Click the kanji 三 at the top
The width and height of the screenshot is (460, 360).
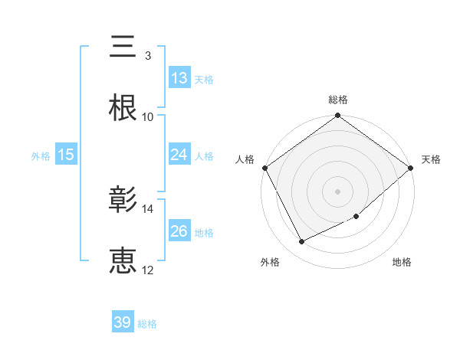(x=123, y=47)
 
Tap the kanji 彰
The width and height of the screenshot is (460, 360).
(x=123, y=201)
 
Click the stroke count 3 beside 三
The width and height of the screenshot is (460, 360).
(x=147, y=56)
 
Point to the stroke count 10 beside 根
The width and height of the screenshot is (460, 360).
(x=148, y=117)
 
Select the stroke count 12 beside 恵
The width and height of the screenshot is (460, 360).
(x=148, y=270)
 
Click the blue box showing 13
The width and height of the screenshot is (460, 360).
(x=179, y=78)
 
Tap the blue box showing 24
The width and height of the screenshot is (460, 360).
(x=179, y=155)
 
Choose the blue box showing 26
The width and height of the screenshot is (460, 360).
(x=179, y=231)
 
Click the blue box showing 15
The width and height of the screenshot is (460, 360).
(x=66, y=155)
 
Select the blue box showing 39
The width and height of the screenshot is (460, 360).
(x=123, y=322)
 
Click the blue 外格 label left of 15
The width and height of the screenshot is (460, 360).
(x=41, y=155)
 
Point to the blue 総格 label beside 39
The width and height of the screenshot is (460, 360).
(x=147, y=324)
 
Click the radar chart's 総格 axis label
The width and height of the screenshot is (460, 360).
(x=338, y=100)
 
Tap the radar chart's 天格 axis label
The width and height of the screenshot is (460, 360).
(x=431, y=159)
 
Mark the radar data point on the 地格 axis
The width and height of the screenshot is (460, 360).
(x=357, y=217)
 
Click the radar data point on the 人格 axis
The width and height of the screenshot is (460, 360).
(x=264, y=168)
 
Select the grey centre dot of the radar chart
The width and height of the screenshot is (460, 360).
(x=338, y=191)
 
